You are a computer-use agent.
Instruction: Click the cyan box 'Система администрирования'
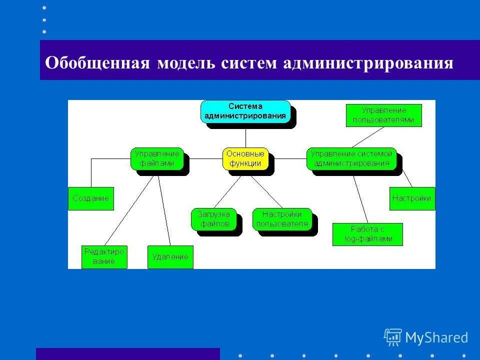pos(245,111)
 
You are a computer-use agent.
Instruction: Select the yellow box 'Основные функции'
pos(245,158)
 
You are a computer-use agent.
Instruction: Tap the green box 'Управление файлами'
pos(157,158)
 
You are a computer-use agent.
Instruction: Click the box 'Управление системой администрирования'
pos(351,158)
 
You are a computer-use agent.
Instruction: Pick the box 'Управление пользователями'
pos(383,115)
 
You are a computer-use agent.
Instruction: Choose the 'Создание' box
pos(91,198)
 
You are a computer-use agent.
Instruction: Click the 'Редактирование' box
pos(104,257)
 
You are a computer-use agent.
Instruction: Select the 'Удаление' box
pos(170,257)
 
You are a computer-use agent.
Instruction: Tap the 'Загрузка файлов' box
pos(213,219)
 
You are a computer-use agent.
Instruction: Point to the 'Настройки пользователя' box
pos(282,219)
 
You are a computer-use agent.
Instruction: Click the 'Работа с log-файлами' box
pos(367,234)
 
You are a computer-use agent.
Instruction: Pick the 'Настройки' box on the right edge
pos(412,198)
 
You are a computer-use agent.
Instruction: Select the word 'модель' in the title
pos(185,63)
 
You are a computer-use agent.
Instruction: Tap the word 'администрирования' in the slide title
pos(368,63)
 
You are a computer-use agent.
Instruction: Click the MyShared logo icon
pos(393,337)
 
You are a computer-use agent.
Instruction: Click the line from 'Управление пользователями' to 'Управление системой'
pos(367,137)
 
